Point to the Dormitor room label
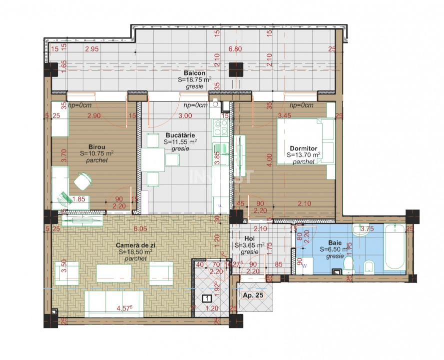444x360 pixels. (303, 148)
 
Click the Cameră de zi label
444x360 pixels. (135, 245)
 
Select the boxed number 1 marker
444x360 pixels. (206, 299)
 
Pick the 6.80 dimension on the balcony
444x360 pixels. (235, 49)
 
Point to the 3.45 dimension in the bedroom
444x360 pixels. (298, 115)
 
